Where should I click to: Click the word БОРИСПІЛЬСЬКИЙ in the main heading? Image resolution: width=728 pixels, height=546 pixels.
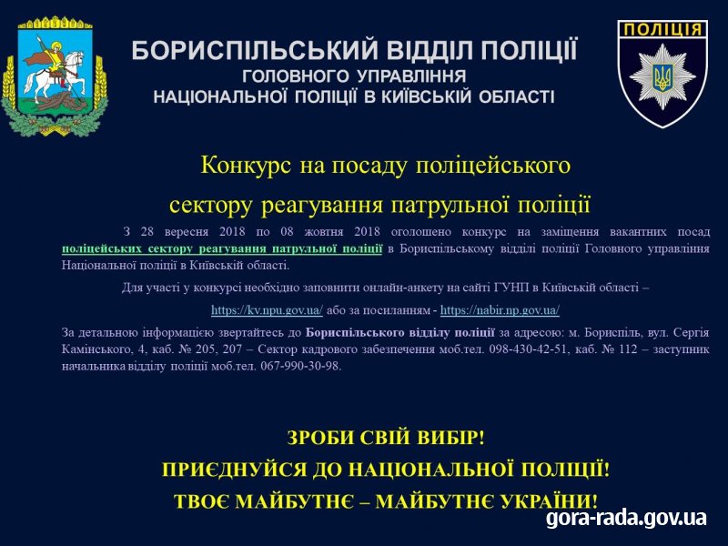[x=255, y=51]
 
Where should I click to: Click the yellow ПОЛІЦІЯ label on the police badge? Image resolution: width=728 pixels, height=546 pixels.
[x=662, y=30]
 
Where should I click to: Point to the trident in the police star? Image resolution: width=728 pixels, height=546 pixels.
[x=662, y=76]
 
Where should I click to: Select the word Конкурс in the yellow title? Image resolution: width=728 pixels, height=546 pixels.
[x=246, y=166]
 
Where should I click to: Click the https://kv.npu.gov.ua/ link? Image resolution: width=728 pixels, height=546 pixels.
[x=267, y=309]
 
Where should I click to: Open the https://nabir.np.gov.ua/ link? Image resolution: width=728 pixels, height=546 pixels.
[x=500, y=309]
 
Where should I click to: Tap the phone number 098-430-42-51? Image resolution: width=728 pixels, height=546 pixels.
[x=528, y=349]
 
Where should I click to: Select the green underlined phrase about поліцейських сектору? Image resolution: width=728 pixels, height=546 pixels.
[x=222, y=248]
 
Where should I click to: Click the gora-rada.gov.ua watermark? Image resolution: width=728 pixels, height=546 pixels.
[x=626, y=517]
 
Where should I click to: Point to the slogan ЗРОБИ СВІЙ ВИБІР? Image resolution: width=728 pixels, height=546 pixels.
[x=385, y=438]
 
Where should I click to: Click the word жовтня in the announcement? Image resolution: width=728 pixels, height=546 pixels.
[x=324, y=231]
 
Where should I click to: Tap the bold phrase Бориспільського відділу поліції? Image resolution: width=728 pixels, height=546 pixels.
[x=400, y=332]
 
